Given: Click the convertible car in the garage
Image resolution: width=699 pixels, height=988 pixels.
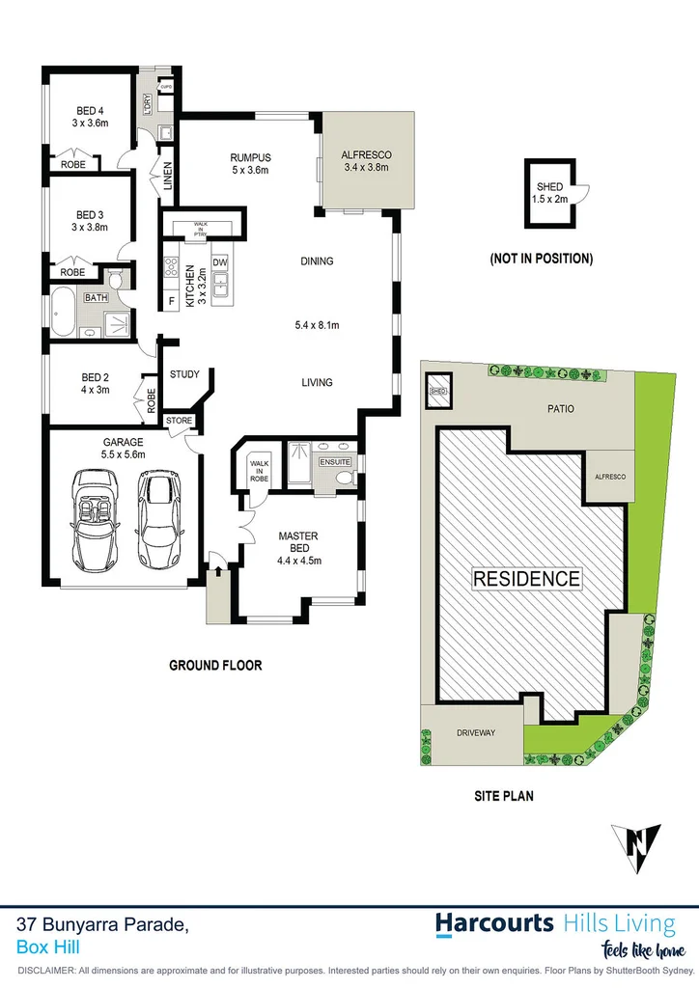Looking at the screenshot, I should point(95,518).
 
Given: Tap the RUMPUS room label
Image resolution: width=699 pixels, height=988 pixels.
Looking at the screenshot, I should point(250,157).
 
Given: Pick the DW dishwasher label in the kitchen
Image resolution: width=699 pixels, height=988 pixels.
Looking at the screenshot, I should point(218,261).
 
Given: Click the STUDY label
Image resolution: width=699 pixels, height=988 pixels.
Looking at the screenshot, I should point(183,374).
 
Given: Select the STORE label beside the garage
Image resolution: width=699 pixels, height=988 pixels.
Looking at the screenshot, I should point(180,421).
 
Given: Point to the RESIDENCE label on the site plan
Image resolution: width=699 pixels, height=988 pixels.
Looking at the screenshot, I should point(527,579).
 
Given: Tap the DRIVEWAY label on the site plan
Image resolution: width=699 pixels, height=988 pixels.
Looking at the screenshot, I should point(475,733).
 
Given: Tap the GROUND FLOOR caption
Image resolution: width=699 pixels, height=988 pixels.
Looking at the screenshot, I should point(215,665).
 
